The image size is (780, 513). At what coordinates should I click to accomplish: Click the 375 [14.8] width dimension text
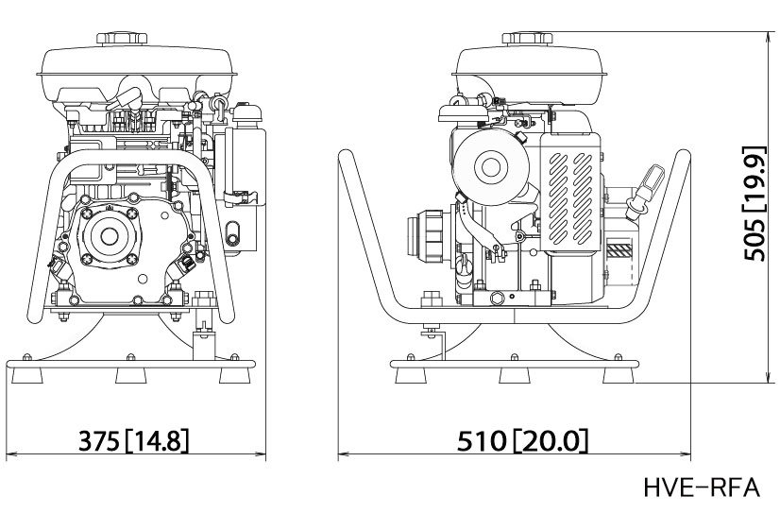(134, 441)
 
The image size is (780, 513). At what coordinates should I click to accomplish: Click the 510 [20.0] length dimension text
(522, 441)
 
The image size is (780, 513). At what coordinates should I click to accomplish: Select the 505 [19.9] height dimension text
(755, 203)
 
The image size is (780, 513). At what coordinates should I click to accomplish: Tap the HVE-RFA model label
(702, 487)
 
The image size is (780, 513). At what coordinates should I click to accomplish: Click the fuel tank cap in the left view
(122, 39)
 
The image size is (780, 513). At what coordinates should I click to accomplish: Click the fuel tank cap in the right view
(527, 39)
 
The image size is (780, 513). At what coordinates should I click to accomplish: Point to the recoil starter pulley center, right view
(491, 167)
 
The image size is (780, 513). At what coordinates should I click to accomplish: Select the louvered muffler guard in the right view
(570, 192)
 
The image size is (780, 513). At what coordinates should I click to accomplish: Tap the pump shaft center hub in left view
(110, 236)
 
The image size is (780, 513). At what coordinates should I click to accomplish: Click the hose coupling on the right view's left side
(427, 235)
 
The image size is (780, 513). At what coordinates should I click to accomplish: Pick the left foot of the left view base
(27, 375)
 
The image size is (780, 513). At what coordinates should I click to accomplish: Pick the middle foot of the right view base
(515, 375)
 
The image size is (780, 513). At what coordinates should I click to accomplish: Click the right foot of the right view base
(619, 375)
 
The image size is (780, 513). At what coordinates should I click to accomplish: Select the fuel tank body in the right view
(529, 75)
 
